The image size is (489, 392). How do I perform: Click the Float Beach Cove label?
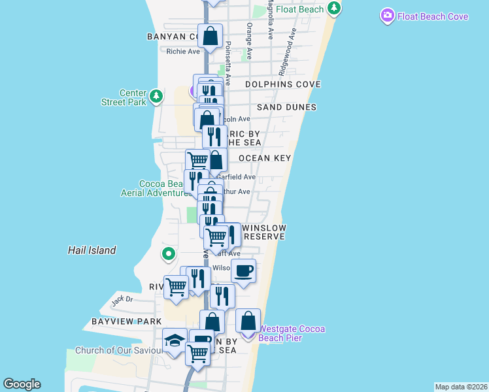(x=433, y=16)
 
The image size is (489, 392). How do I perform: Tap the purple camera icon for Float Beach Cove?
(x=388, y=15)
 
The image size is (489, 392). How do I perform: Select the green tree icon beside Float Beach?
(x=335, y=8)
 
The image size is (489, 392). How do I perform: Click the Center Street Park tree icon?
(x=156, y=97)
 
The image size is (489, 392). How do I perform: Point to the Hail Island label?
(x=92, y=250)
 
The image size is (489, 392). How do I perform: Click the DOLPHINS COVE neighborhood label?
(x=283, y=84)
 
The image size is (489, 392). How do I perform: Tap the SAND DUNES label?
(x=286, y=107)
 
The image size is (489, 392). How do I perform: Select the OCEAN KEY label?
(x=265, y=158)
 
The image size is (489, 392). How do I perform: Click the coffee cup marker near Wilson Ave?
(x=243, y=270)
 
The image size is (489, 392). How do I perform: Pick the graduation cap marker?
(x=175, y=340)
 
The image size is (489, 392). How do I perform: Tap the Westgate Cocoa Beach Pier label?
(x=292, y=333)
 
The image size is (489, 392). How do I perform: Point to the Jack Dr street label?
(x=122, y=300)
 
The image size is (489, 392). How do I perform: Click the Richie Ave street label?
(x=183, y=51)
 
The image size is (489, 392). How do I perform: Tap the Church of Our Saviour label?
(x=118, y=351)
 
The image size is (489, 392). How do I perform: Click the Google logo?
(x=22, y=384)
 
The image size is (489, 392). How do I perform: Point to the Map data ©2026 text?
(x=461, y=387)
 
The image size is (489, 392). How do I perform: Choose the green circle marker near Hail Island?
(x=169, y=253)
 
